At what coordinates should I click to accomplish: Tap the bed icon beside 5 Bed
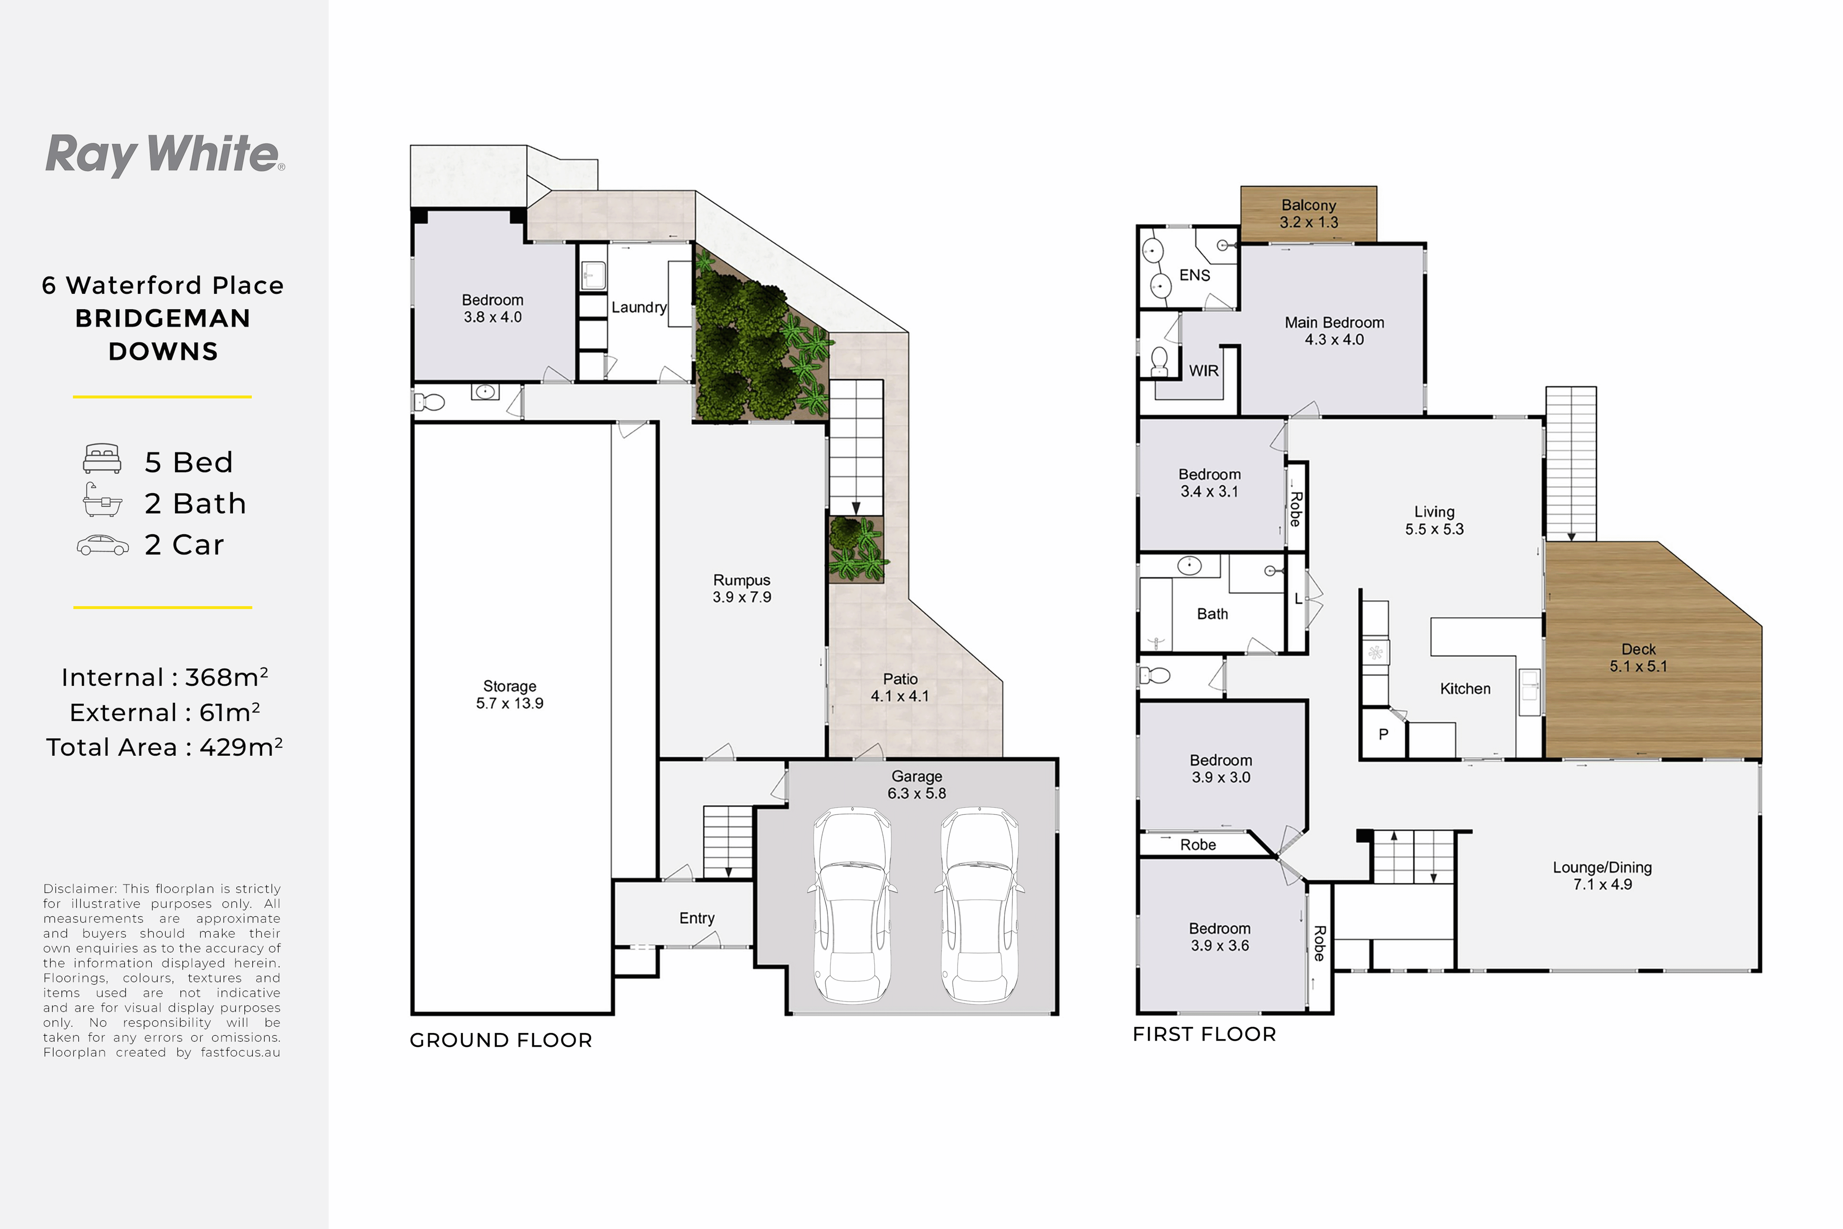[102, 459]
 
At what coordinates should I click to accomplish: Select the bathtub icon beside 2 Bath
[102, 500]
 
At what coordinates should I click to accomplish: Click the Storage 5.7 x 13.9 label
[510, 694]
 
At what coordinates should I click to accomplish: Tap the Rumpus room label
[742, 589]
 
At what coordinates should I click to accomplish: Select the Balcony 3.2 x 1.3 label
[1309, 213]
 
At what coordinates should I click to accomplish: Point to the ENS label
[1194, 275]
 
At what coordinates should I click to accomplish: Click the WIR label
[1204, 371]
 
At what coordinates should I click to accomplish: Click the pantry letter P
[1384, 734]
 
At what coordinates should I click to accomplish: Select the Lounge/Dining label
[1602, 876]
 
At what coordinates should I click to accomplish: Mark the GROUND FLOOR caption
[501, 1040]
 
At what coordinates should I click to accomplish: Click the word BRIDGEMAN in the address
[163, 318]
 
